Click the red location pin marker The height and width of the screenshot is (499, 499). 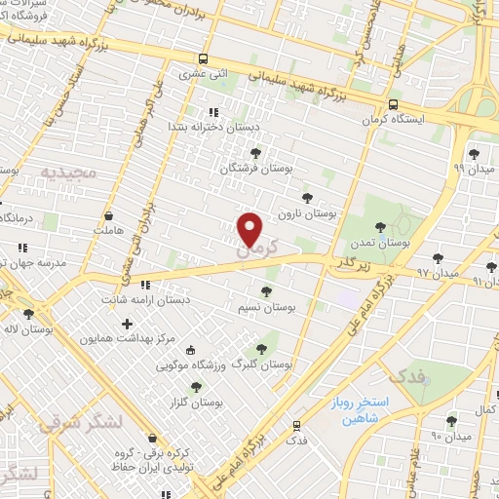(250, 229)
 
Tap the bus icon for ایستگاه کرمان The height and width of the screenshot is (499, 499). (394, 104)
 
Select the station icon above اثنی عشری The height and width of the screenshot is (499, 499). (202, 58)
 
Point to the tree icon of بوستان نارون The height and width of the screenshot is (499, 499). (308, 197)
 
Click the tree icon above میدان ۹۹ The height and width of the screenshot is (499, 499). (474, 154)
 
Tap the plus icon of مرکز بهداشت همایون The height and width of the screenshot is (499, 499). (128, 323)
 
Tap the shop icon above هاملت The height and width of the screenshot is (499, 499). (108, 214)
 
